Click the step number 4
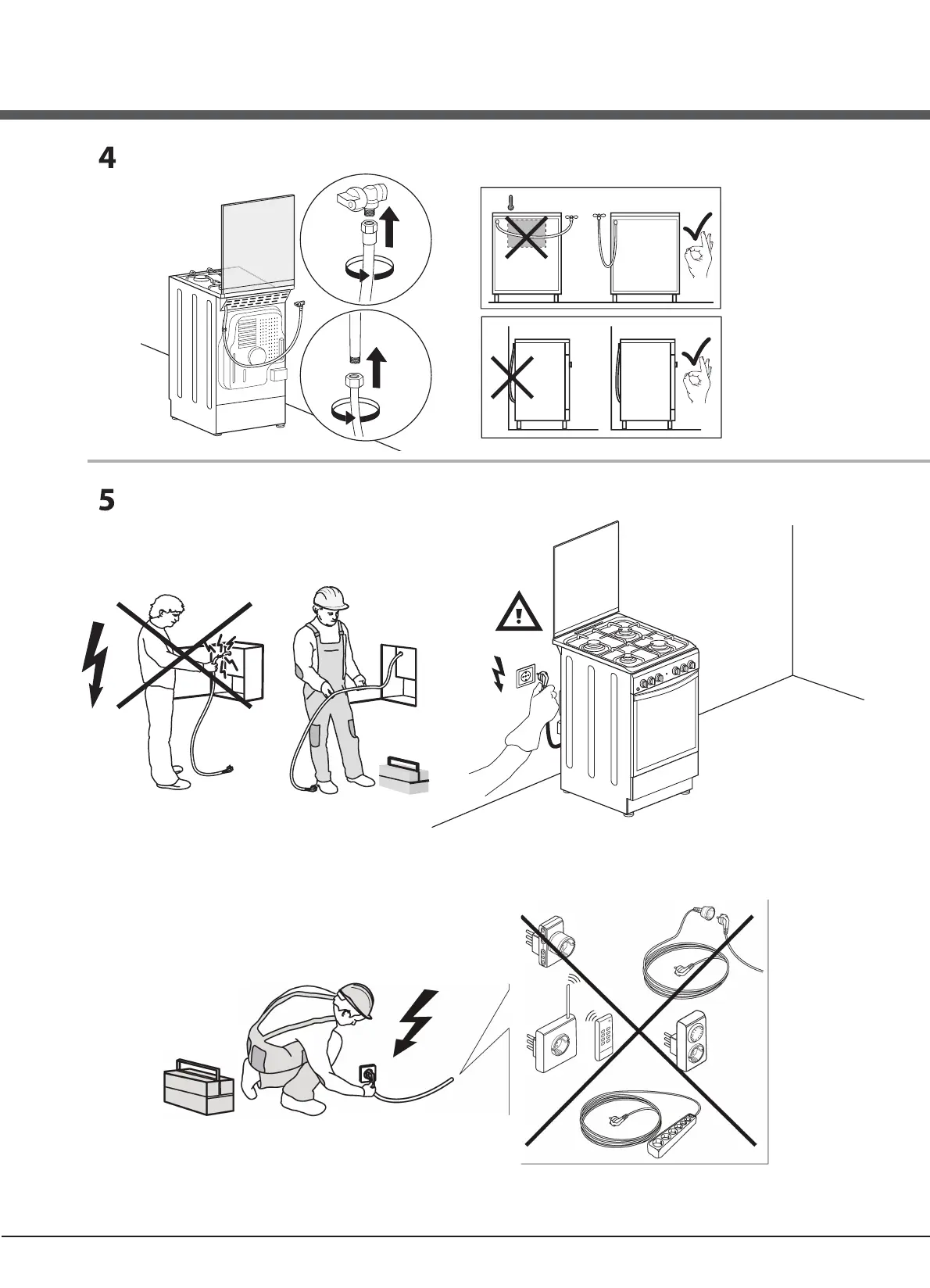click(106, 159)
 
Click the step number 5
click(106, 500)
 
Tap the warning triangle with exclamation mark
click(519, 612)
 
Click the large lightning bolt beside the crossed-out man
click(95, 662)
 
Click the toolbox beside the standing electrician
click(404, 774)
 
